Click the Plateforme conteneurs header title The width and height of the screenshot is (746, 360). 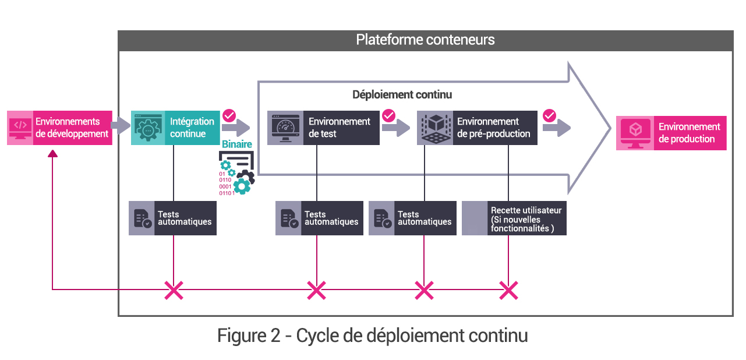point(425,40)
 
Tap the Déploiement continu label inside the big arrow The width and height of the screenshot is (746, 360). point(402,94)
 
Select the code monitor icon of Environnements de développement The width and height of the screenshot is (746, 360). point(20,128)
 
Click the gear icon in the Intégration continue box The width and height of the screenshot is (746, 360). point(148,128)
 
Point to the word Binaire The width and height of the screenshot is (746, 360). point(236,144)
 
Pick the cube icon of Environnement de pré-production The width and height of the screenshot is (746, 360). point(434,128)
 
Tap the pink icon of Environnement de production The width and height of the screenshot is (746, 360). point(635,133)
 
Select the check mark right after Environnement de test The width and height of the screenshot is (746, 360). point(388,115)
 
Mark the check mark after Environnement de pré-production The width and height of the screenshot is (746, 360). point(549,115)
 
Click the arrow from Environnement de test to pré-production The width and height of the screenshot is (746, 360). point(396,129)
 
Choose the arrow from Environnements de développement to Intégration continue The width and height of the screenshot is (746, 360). point(121,124)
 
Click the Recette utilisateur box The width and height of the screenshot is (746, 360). point(514,218)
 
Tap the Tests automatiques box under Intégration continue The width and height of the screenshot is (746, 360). point(172,218)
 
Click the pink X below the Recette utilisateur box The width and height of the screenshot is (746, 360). point(508,290)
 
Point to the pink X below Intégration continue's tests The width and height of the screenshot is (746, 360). point(174,290)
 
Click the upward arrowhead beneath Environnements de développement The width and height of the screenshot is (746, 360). point(53,153)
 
